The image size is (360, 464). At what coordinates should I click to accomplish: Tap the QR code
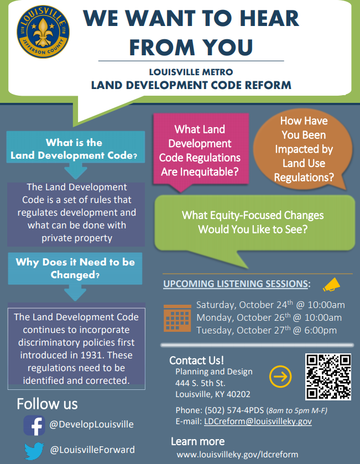pyautogui.click(x=328, y=377)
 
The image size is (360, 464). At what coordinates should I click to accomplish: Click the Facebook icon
pyautogui.click(x=34, y=425)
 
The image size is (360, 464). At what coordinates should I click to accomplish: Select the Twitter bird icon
pyautogui.click(x=34, y=450)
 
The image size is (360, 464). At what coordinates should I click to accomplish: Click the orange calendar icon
pyautogui.click(x=177, y=317)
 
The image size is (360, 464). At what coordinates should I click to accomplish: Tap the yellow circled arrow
pyautogui.click(x=280, y=377)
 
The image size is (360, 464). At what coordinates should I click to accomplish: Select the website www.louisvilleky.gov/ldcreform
pyautogui.click(x=237, y=454)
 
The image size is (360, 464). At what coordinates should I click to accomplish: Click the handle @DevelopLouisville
pyautogui.click(x=91, y=425)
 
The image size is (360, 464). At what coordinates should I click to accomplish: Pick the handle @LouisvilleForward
pyautogui.click(x=92, y=450)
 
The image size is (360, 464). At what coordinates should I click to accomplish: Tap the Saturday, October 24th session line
pyautogui.click(x=270, y=305)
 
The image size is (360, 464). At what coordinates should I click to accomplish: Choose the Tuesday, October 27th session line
pyautogui.click(x=266, y=331)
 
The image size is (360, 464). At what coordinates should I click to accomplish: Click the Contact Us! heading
pyautogui.click(x=196, y=361)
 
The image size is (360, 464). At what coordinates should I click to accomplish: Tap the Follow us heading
pyautogui.click(x=47, y=403)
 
